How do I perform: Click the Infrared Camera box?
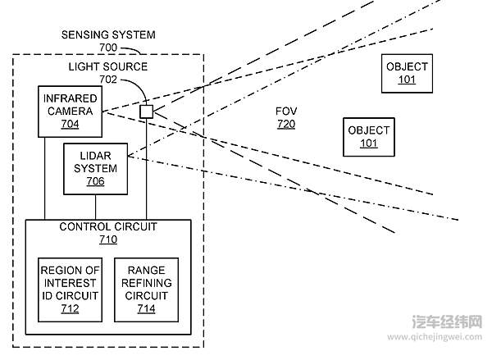pyautogui.click(x=70, y=111)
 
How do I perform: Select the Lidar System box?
pyautogui.click(x=95, y=168)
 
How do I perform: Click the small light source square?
pyautogui.click(x=146, y=111)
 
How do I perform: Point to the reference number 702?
pyautogui.click(x=108, y=80)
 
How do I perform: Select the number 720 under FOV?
pyautogui.click(x=285, y=125)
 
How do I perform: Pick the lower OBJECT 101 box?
pyautogui.click(x=369, y=137)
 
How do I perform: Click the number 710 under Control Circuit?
pyautogui.click(x=108, y=239)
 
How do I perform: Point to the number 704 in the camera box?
pyautogui.click(x=70, y=125)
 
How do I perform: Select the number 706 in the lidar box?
pyautogui.click(x=95, y=181)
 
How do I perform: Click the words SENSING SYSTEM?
pyautogui.click(x=108, y=36)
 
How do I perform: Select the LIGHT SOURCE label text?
pyautogui.click(x=108, y=66)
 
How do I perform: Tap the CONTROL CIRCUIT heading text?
pyautogui.click(x=108, y=226)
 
